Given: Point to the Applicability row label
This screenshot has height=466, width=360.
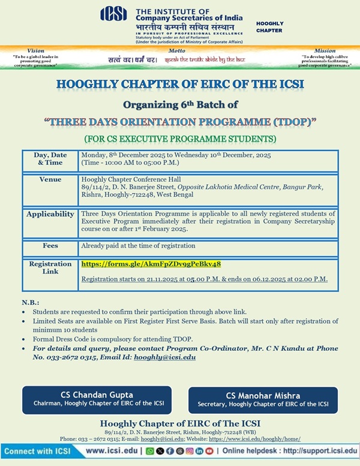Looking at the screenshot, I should [x=50, y=214].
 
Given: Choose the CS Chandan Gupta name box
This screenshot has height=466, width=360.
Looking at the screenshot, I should [x=96, y=399].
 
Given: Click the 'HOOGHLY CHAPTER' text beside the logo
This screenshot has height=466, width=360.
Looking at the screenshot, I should [x=269, y=26].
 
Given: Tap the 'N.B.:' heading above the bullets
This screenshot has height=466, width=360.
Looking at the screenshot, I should [x=30, y=303].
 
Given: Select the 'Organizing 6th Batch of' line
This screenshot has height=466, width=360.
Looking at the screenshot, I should [x=180, y=103].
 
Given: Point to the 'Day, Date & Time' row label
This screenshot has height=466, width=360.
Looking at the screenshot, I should [x=50, y=158].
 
